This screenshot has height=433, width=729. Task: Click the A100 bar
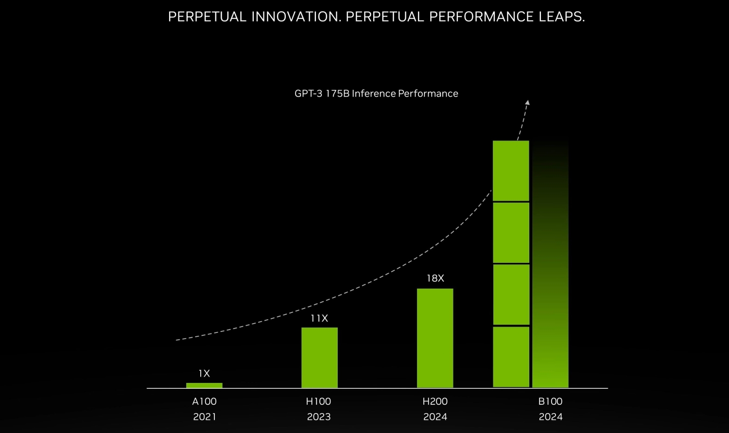click(x=204, y=385)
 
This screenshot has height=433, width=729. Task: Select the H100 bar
click(x=319, y=358)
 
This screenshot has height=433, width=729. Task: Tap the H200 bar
click(x=435, y=338)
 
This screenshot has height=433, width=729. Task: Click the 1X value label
click(x=204, y=374)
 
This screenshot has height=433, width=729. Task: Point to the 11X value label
click(x=319, y=319)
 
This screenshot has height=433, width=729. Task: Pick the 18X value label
click(x=435, y=278)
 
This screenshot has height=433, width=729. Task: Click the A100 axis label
click(x=204, y=401)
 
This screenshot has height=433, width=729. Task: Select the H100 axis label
click(x=318, y=401)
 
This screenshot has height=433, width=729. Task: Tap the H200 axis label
click(x=435, y=401)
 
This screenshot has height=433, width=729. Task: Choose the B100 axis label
click(x=550, y=401)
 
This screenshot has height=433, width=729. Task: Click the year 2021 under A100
click(x=204, y=417)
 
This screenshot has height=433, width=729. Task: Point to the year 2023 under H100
click(x=318, y=417)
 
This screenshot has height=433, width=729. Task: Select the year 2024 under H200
click(x=435, y=417)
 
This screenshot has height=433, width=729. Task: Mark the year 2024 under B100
click(x=550, y=417)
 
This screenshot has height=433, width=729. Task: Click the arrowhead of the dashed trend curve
click(x=527, y=103)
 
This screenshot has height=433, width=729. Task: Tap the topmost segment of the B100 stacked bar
click(x=511, y=171)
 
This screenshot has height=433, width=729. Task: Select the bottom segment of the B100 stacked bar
click(x=511, y=357)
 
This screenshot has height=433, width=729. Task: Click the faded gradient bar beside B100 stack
click(x=550, y=292)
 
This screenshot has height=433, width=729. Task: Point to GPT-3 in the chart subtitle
click(x=308, y=94)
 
